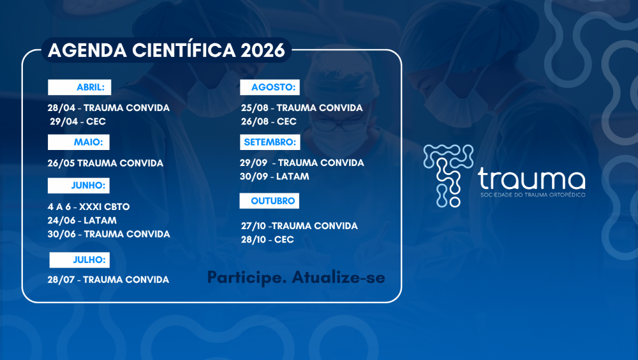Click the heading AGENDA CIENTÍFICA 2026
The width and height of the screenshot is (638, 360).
coord(166,50)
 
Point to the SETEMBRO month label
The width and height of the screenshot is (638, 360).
coord(269,142)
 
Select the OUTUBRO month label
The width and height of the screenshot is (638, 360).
coord(269,201)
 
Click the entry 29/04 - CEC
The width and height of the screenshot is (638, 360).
coord(78,121)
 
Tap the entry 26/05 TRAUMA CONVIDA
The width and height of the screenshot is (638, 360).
coord(105,163)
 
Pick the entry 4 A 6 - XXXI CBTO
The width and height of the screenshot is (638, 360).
coord(88,207)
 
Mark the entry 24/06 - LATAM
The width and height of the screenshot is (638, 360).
coord(82,220)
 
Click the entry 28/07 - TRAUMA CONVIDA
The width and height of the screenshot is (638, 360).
coord(108,280)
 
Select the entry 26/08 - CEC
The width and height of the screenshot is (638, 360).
coord(269,121)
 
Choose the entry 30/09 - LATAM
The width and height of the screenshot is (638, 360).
coord(275,176)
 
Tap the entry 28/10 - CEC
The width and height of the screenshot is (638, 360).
coord(267,239)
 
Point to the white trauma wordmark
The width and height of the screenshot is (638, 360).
coord(531,179)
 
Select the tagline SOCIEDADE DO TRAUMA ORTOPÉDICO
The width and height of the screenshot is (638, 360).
coord(531,195)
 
